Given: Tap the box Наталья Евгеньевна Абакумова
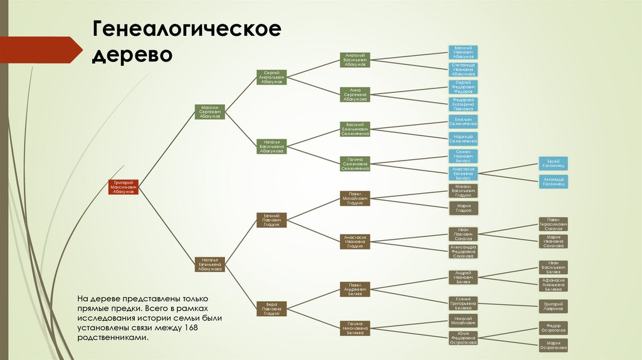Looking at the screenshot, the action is click(x=209, y=264).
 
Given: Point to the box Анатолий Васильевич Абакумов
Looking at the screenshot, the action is click(x=355, y=60).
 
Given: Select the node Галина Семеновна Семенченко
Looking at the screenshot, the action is click(x=355, y=164).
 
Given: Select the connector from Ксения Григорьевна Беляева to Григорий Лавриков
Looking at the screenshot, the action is click(x=508, y=305).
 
